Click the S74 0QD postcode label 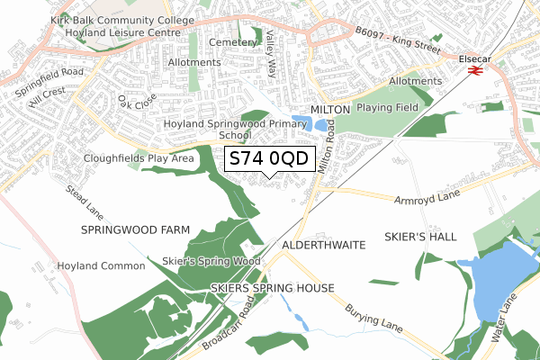click(x=269, y=159)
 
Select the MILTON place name click(x=329, y=109)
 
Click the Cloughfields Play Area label click(x=139, y=158)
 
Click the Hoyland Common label click(x=101, y=266)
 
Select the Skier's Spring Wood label click(x=211, y=261)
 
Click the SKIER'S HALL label click(x=426, y=237)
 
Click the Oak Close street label click(x=138, y=102)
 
